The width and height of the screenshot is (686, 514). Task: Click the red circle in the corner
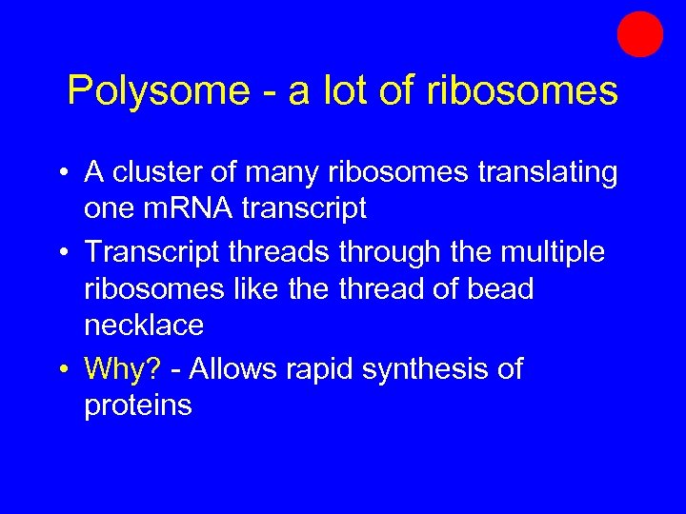click(639, 34)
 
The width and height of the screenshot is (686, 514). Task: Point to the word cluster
click(158, 172)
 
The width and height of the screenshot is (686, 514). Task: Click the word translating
click(533, 172)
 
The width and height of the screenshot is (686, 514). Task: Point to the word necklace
click(144, 326)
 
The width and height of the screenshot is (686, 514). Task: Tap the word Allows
click(236, 368)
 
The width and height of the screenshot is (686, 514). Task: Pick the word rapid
click(324, 368)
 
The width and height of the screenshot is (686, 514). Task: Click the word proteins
click(138, 405)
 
